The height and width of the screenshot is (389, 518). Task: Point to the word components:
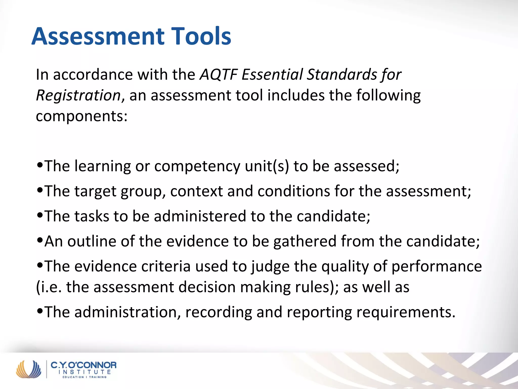pos(82,116)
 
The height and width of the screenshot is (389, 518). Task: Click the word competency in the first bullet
pos(197,166)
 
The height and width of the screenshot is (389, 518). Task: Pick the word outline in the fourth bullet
pos(92,241)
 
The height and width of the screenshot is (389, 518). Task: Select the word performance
pos(437,266)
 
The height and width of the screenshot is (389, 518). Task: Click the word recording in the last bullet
pos(219,312)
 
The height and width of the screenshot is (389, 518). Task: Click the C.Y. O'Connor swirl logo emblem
pos(29,369)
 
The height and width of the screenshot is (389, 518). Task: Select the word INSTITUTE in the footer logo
pos(84,372)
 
